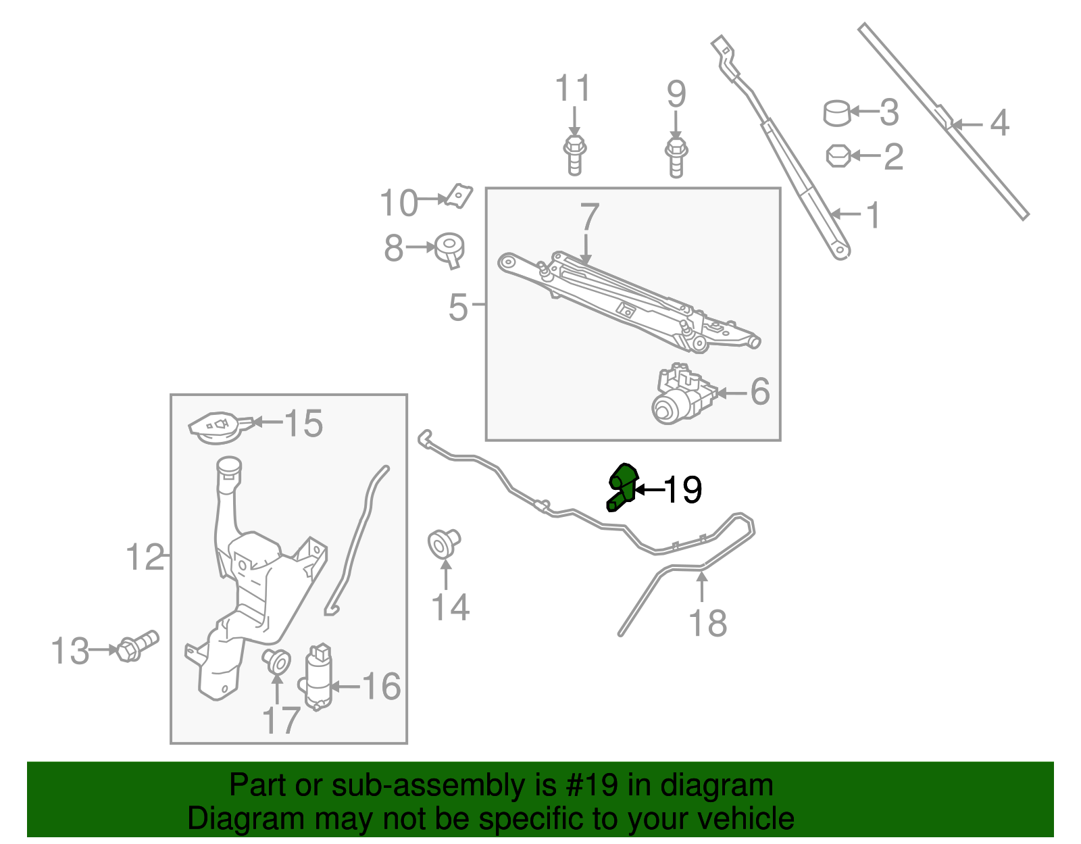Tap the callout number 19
683,490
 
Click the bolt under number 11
574,155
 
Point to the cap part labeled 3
836,113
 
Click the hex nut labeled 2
838,156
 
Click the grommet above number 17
277,660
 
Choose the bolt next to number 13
138,646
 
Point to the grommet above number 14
444,543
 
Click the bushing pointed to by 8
450,249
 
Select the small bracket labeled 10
459,197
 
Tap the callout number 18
707,623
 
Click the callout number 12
145,558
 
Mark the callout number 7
589,217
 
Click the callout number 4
999,124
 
